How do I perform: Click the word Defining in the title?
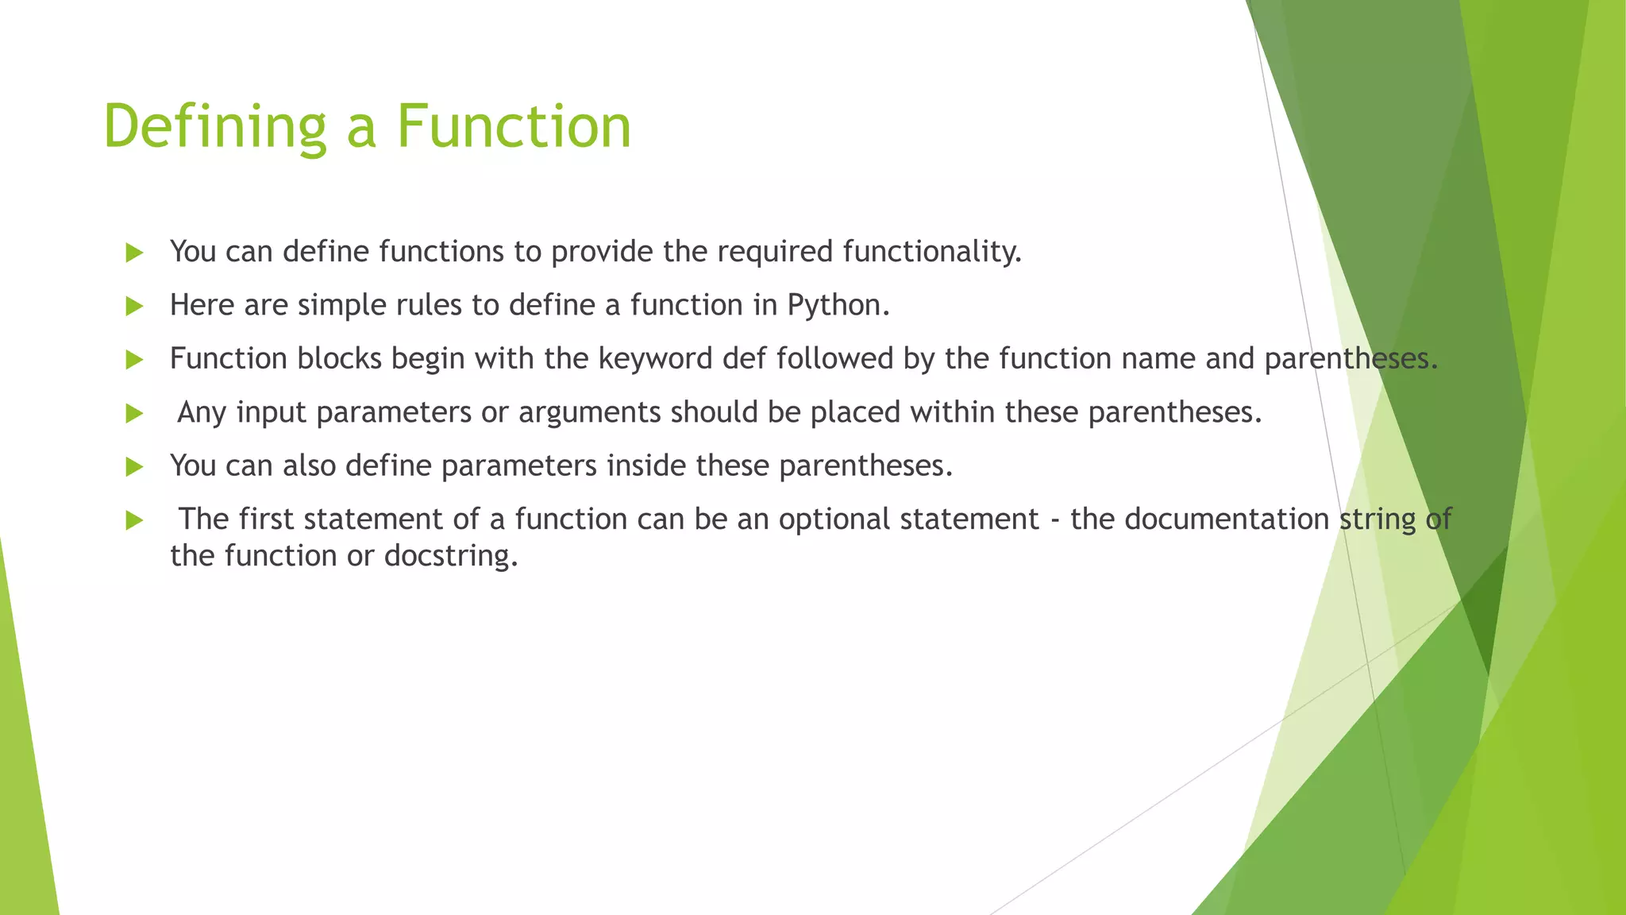(x=214, y=127)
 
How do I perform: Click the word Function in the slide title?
(x=514, y=127)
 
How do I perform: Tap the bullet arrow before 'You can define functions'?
(x=134, y=253)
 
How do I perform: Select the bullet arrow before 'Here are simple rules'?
(x=134, y=307)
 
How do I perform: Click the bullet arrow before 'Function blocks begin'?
(x=134, y=360)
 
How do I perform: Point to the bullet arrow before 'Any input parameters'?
(x=134, y=414)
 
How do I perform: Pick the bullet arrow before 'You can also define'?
(x=134, y=467)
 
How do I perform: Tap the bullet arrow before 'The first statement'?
(x=134, y=521)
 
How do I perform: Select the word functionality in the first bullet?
(x=929, y=252)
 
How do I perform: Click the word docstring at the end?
(x=449, y=556)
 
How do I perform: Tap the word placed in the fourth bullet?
(x=855, y=413)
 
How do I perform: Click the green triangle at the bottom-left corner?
(x=24, y=794)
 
